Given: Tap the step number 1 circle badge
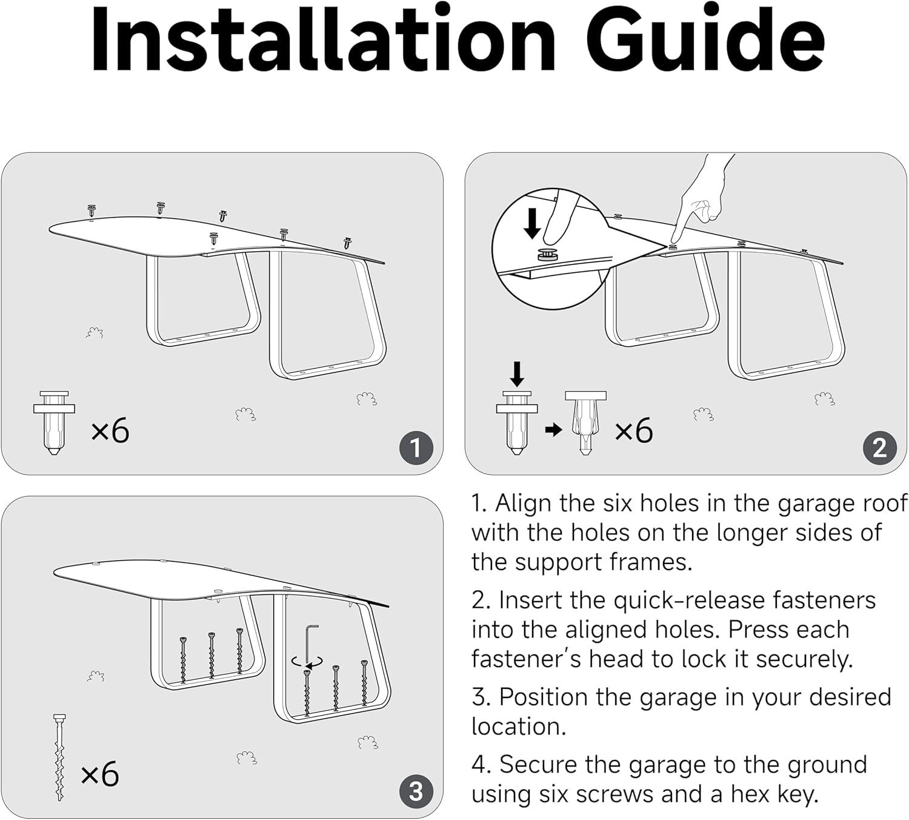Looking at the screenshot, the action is (x=416, y=448).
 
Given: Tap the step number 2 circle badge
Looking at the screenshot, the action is (x=879, y=448).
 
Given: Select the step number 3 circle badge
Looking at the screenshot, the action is (x=416, y=791).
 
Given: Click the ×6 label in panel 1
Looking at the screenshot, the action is (x=110, y=431).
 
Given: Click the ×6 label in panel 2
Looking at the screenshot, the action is (x=633, y=431).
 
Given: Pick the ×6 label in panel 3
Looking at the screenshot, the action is (x=100, y=774).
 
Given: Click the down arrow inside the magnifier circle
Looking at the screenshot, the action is (x=533, y=223).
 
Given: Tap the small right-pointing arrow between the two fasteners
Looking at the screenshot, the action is (x=553, y=429).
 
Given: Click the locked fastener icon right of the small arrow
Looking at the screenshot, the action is (x=585, y=423).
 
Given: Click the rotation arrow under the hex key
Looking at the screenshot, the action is (x=307, y=662).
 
